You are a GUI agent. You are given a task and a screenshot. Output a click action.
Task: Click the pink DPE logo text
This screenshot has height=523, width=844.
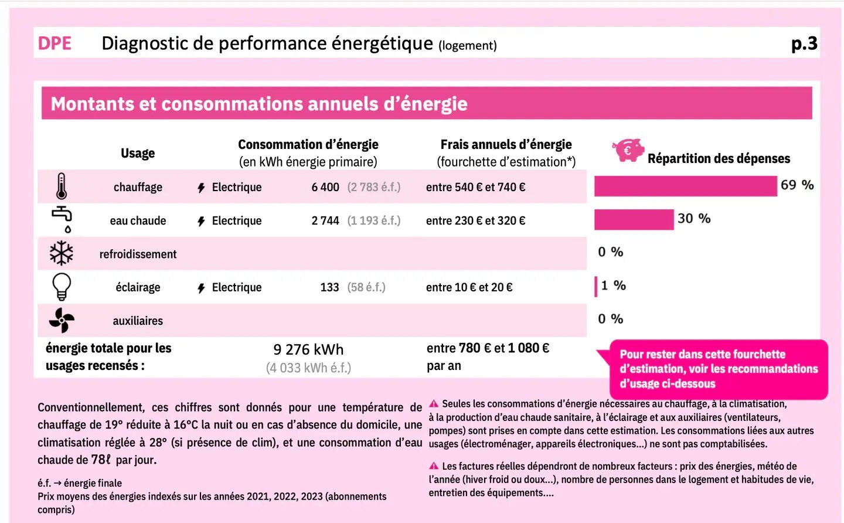tap(55, 43)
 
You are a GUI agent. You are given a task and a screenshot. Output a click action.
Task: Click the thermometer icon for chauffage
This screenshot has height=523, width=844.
tap(62, 186)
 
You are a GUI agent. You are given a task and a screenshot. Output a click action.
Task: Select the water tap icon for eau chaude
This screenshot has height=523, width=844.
tap(62, 219)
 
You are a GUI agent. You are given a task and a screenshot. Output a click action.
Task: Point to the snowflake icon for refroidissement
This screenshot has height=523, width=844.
tap(62, 253)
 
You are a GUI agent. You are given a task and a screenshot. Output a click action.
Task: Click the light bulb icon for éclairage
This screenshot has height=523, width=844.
tap(62, 287)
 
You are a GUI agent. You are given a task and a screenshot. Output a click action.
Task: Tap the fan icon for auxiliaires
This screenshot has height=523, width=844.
tap(62, 320)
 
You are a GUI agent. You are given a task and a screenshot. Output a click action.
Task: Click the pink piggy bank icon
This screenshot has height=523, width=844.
tap(628, 150)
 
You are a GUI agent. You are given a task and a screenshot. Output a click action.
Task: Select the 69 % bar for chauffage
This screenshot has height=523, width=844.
tap(686, 186)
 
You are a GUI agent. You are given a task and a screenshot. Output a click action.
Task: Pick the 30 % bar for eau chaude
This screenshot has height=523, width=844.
tap(634, 220)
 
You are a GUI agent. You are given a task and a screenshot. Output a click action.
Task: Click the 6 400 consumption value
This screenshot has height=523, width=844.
tap(325, 187)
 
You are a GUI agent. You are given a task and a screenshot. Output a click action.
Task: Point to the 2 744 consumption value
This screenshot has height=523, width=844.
tap(325, 220)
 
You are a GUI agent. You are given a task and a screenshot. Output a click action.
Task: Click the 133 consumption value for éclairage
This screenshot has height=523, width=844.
tap(329, 287)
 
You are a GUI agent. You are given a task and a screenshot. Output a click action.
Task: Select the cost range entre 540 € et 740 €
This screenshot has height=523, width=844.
tap(475, 187)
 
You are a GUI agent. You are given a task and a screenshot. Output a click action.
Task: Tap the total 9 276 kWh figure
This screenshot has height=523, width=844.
tap(308, 349)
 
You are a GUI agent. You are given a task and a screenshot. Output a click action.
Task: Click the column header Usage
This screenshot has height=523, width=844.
tap(138, 154)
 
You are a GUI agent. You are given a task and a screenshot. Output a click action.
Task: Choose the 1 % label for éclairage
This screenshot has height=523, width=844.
tap(614, 286)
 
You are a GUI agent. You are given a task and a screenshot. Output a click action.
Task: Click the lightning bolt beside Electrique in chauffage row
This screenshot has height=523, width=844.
tap(201, 188)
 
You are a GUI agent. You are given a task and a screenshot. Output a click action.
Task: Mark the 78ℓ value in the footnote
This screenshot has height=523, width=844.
tap(101, 460)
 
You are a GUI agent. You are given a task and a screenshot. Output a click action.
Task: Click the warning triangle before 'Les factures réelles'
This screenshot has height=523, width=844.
tap(434, 466)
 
